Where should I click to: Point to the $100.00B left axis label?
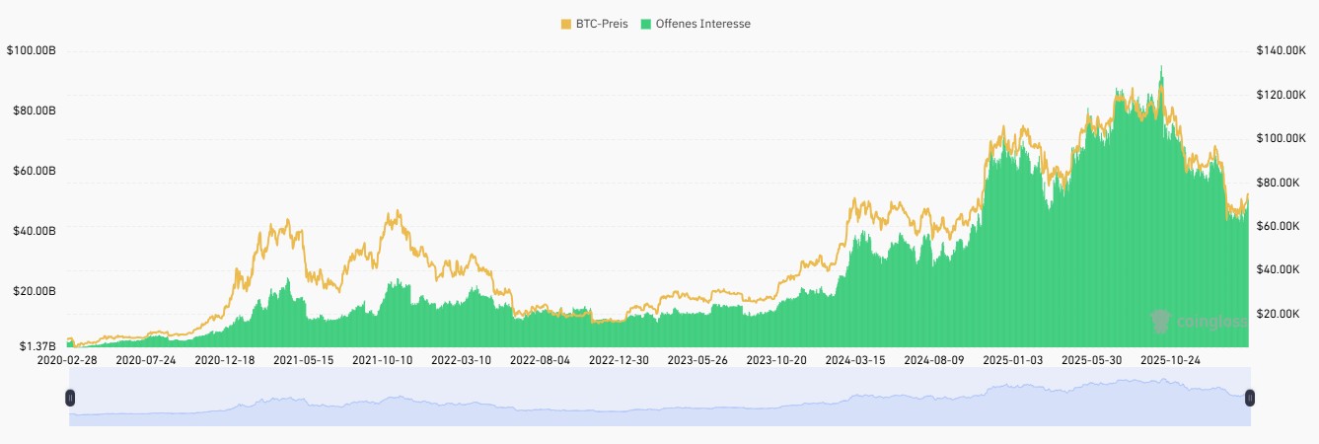31,49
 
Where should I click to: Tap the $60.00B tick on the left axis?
33,171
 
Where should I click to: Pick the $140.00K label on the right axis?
1280,50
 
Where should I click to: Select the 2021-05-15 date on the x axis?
304,360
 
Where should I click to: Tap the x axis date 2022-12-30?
619,360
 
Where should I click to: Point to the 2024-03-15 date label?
854,360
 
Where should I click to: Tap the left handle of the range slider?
70,398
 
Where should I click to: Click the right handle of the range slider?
1249,398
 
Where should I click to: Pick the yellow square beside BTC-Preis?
565,23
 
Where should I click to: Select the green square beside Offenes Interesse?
646,23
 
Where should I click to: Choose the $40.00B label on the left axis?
33,231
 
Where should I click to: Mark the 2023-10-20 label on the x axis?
776,360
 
